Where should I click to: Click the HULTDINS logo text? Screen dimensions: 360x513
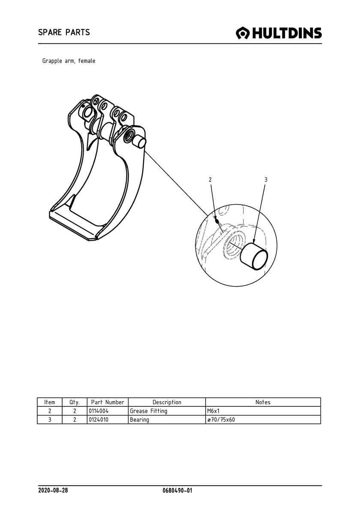click(287, 33)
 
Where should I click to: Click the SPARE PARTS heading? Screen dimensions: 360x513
click(64, 32)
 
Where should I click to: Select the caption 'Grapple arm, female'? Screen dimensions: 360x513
click(69, 61)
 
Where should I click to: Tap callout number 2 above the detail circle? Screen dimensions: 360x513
click(210, 179)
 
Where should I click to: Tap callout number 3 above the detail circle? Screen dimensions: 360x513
click(266, 179)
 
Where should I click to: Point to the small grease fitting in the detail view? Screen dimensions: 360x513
click(216, 221)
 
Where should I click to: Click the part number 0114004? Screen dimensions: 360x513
click(99, 411)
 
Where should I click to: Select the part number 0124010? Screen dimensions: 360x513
click(99, 420)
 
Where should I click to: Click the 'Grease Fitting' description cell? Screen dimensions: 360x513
click(148, 411)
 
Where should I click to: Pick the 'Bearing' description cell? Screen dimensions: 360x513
click(139, 420)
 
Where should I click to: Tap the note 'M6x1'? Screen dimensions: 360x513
click(213, 411)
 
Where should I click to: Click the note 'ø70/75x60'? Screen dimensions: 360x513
click(221, 420)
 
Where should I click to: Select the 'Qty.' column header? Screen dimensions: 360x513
click(75, 403)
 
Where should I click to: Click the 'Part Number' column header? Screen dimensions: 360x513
click(108, 402)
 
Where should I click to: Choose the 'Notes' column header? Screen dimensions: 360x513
click(263, 402)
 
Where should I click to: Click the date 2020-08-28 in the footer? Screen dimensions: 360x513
click(53, 490)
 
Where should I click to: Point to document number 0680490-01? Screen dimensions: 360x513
click(177, 490)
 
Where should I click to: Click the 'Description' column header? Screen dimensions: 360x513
click(167, 403)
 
